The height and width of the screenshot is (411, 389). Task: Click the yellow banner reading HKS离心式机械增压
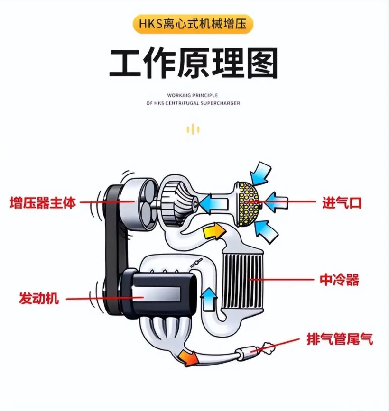pyautogui.click(x=193, y=24)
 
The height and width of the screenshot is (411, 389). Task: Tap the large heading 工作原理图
pyautogui.click(x=194, y=63)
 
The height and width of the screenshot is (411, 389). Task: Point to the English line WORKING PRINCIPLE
pyautogui.click(x=193, y=95)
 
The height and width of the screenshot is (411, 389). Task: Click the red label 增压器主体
pyautogui.click(x=43, y=203)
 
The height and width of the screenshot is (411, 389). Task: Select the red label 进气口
pyautogui.click(x=342, y=203)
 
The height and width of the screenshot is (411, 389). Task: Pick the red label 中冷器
pyautogui.click(x=339, y=280)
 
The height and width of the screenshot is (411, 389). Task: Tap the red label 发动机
pyautogui.click(x=39, y=298)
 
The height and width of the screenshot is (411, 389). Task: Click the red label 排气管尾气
pyautogui.click(x=340, y=339)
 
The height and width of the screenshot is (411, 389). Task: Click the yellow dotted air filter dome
pyautogui.click(x=248, y=204)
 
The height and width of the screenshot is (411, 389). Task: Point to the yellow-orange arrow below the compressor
pyautogui.click(x=214, y=230)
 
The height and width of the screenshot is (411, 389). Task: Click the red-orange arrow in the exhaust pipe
pyautogui.click(x=188, y=357)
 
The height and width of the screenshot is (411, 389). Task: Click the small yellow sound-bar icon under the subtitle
pyautogui.click(x=193, y=129)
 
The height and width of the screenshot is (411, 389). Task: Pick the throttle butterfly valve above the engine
pyautogui.click(x=196, y=263)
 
